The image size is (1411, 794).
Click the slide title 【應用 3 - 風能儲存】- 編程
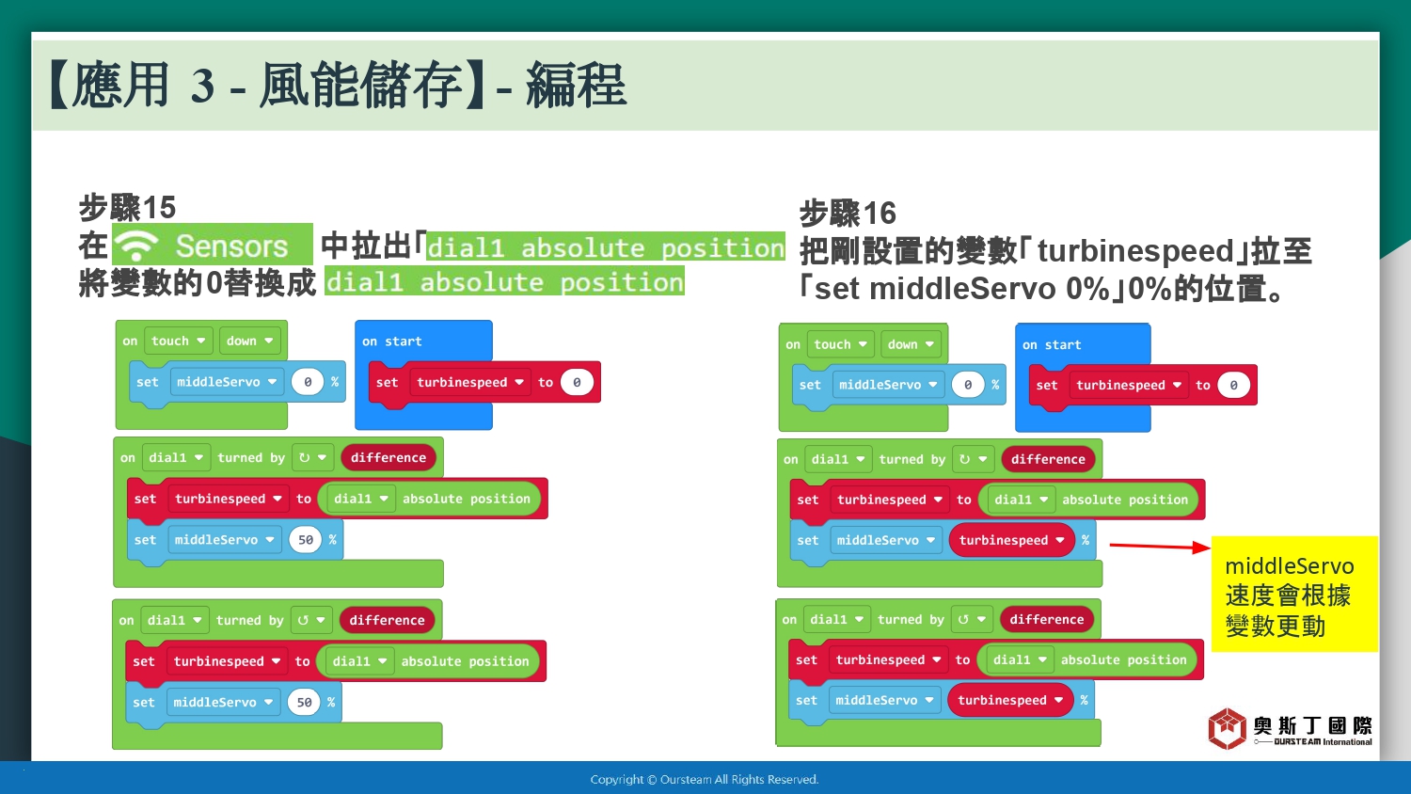338,85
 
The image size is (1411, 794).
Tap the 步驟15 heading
127,207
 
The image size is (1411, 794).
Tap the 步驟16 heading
848,213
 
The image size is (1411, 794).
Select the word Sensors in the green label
231,246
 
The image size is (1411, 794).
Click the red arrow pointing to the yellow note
1160,547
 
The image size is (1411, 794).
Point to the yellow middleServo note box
1294,594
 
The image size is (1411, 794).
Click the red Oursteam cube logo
1227,728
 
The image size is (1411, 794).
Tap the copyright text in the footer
705,780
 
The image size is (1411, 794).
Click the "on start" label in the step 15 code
392,341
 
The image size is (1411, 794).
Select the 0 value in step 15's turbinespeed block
577,382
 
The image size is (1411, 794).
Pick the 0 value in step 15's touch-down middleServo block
308,382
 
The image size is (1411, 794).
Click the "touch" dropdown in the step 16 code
840,344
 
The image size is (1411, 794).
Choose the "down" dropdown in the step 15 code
249,341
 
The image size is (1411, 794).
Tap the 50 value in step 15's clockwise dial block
306,540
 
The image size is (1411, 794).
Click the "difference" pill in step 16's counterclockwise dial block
1047,619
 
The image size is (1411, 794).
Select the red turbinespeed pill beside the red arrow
1011,540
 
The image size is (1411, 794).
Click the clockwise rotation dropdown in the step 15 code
312,457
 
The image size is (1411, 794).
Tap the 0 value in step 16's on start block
1233,385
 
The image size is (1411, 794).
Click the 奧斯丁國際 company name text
1312,726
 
